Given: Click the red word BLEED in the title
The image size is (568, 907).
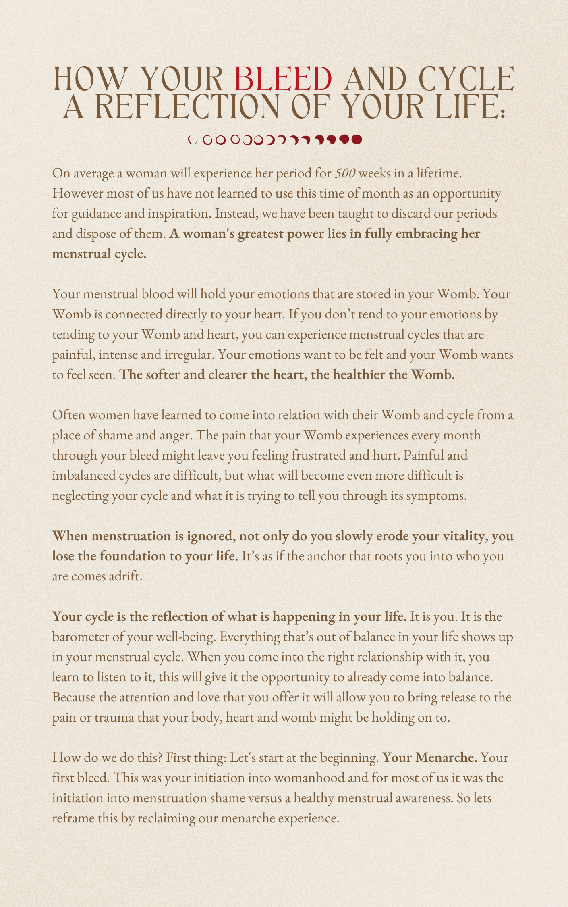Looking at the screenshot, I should (283, 79).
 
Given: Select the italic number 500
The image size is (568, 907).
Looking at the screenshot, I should (345, 173).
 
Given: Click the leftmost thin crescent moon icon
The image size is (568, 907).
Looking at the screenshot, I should (193, 140).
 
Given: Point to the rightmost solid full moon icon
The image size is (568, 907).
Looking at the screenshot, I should (357, 139).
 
